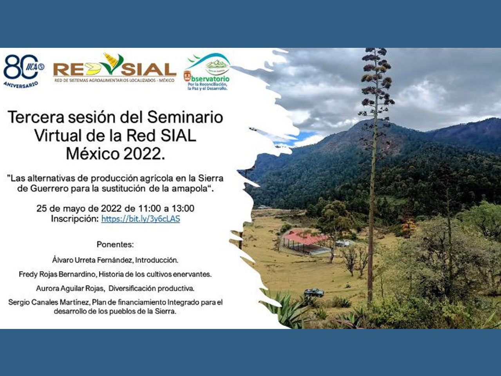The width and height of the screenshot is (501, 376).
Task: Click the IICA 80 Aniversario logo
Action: coord(24,71)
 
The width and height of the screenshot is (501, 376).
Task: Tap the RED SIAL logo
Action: coord(115,68)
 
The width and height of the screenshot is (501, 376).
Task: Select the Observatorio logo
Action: coord(207,72)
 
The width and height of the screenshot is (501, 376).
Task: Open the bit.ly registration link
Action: coord(141,219)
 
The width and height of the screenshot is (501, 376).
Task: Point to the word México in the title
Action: coord(93,154)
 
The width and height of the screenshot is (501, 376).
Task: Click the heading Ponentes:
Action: coord(115,244)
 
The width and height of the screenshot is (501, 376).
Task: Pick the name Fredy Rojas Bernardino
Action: coord(57,274)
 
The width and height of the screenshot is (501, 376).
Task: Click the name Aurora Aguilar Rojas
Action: coord(70,288)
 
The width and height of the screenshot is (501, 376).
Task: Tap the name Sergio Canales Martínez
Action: coord(49,302)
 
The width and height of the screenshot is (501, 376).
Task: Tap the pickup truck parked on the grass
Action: coord(314,292)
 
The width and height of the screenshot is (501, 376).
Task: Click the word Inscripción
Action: coord(75,219)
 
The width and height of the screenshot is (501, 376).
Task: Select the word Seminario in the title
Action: coord(185,117)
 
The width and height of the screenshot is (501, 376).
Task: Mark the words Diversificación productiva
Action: coord(152,288)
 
